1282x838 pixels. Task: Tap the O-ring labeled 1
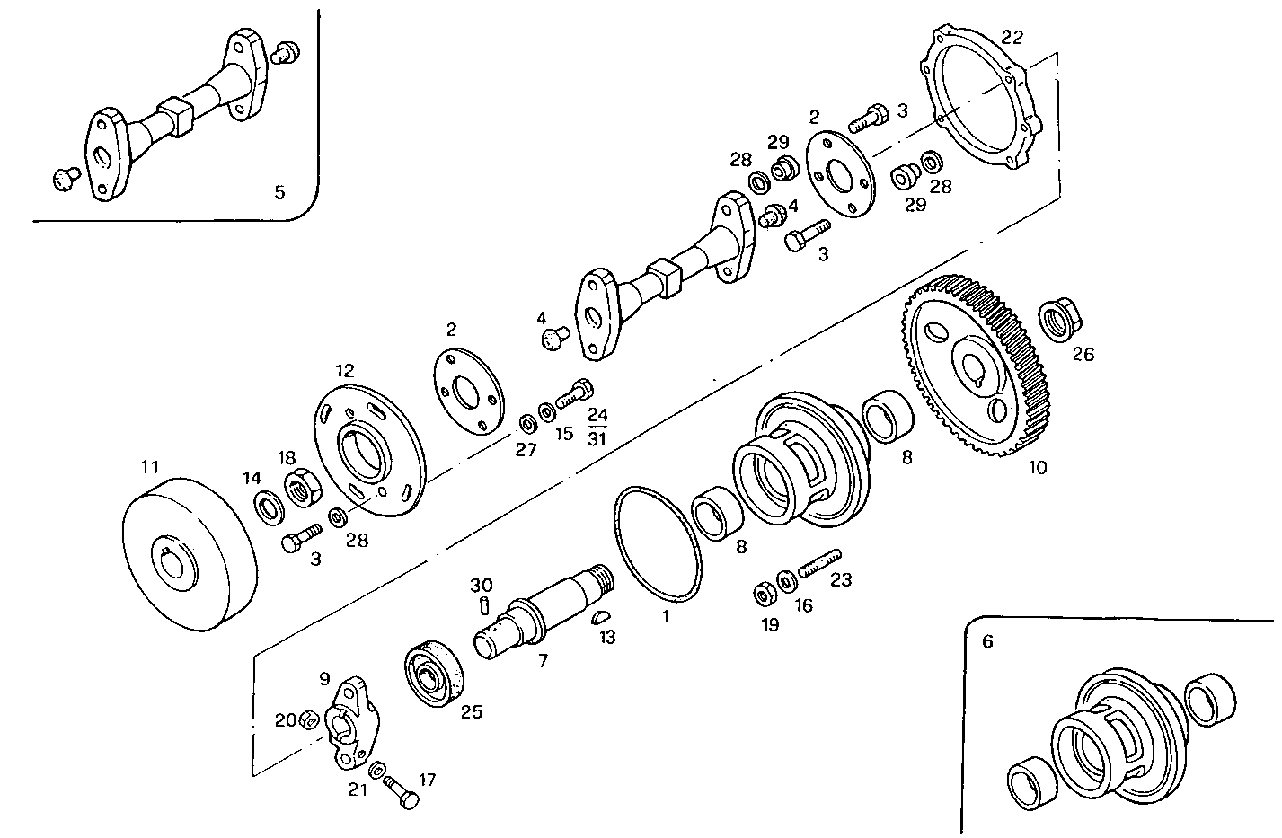(657, 543)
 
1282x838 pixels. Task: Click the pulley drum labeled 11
(190, 552)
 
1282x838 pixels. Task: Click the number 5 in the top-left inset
(279, 191)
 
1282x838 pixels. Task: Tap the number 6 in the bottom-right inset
(988, 641)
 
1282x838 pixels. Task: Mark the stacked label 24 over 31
(597, 427)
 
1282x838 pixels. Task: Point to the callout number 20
(285, 719)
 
